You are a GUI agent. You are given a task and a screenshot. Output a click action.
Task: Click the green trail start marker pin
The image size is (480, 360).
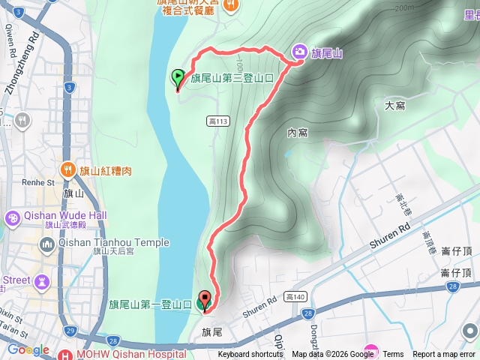pos(178,77)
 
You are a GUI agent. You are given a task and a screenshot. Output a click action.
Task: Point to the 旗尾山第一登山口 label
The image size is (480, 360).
pos(150,304)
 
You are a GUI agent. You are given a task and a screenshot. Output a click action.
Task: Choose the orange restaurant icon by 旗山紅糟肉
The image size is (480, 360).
pos(67,169)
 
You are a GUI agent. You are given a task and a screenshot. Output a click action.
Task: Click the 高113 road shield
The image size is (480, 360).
pos(216,121)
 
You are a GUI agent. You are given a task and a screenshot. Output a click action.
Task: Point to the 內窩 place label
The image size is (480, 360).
pos(298,133)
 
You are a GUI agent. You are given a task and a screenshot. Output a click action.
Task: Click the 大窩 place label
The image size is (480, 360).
pos(394,105)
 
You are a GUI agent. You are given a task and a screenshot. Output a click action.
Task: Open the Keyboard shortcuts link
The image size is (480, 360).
pos(250,355)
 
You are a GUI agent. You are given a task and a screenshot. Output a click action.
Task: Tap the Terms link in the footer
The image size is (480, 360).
pos(393,355)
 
